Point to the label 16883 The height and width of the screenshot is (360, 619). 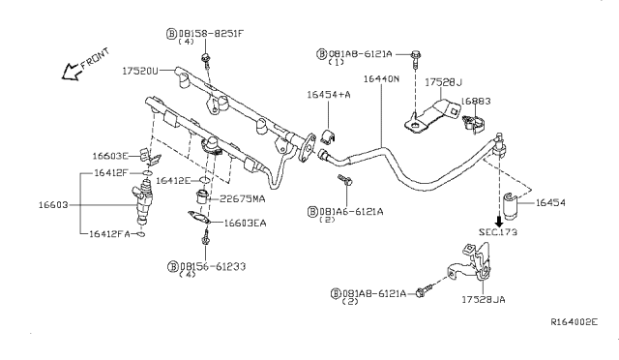475,101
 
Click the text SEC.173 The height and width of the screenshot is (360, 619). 499,233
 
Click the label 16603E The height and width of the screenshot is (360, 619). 111,155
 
